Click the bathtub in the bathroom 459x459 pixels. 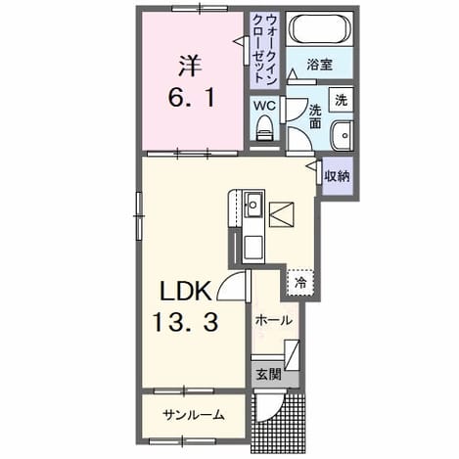(x=320, y=28)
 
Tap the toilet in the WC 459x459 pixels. (x=264, y=128)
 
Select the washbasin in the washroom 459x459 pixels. (x=343, y=135)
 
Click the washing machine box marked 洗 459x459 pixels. (x=341, y=100)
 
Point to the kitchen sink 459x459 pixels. (x=253, y=205)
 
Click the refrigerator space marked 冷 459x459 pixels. (x=300, y=283)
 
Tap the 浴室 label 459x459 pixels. (x=320, y=65)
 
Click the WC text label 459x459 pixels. (x=264, y=106)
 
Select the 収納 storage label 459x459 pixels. (x=337, y=176)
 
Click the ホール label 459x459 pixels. (x=273, y=320)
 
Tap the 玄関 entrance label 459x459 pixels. (x=268, y=374)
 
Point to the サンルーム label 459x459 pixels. (x=194, y=415)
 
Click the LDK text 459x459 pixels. (x=185, y=292)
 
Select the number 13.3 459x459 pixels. (x=185, y=322)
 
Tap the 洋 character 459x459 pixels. (x=190, y=67)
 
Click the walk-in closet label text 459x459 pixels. (x=264, y=49)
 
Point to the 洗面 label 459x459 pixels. (x=315, y=116)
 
